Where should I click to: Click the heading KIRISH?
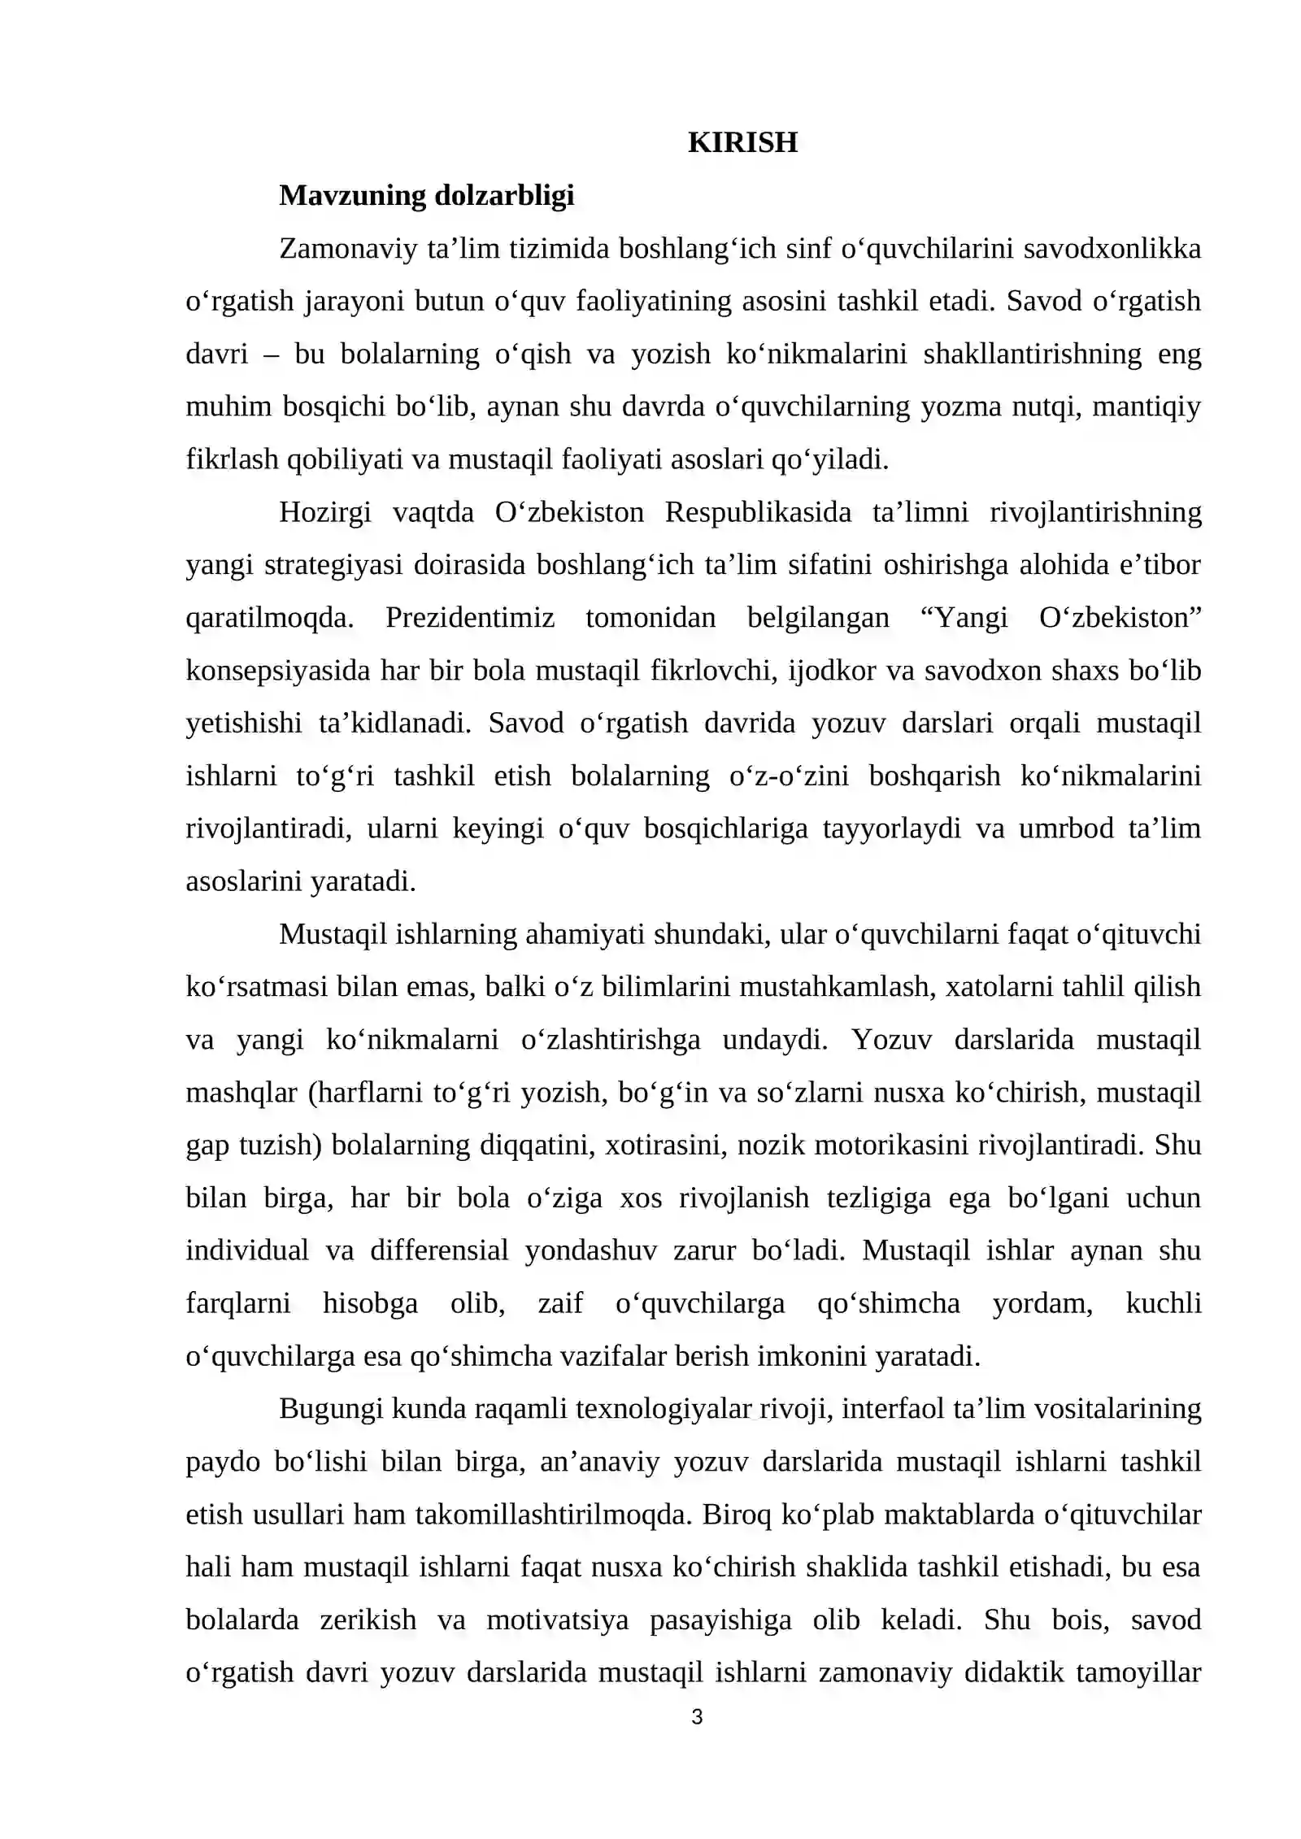[742, 142]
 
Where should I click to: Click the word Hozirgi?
[325, 511]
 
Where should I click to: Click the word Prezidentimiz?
[470, 617]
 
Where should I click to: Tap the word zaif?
[560, 1303]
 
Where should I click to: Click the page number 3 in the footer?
[696, 1717]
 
